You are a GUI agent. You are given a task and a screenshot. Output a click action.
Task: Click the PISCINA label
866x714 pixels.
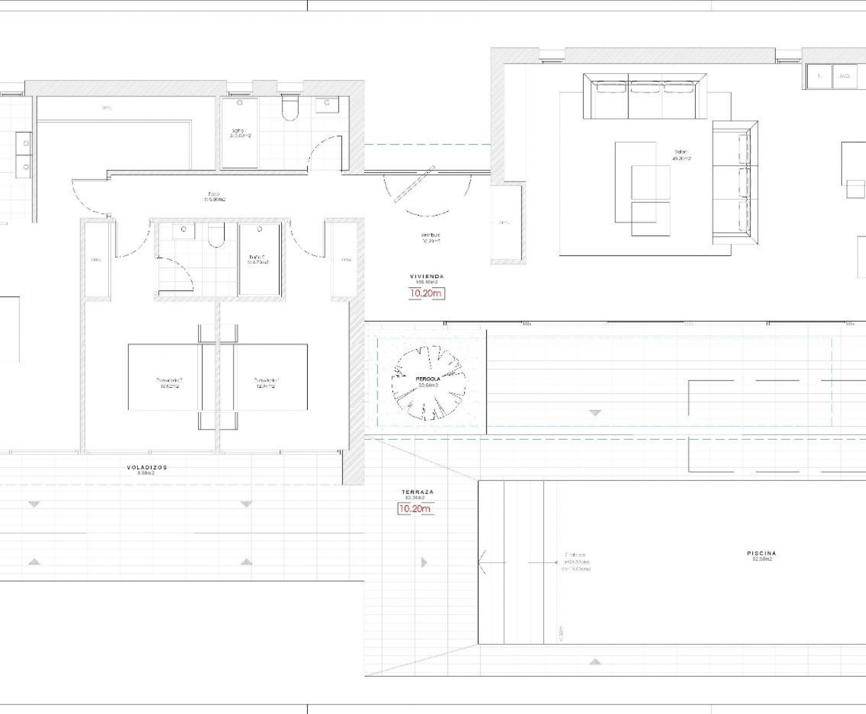(761, 554)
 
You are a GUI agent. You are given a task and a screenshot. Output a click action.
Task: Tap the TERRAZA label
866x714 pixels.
(418, 492)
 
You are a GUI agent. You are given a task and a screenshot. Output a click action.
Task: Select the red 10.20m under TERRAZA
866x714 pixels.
(415, 509)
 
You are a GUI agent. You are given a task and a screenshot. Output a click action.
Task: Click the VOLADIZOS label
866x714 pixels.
(147, 467)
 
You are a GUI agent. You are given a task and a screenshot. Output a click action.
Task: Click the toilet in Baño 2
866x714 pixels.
(216, 235)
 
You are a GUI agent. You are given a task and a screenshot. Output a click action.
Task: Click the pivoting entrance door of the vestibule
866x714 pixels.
(414, 184)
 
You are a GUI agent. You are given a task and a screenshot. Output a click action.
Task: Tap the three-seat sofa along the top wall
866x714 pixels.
(644, 97)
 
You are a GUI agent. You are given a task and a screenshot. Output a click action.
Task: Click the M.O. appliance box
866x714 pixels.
(845, 76)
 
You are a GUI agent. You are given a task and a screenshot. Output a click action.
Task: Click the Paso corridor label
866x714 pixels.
(214, 196)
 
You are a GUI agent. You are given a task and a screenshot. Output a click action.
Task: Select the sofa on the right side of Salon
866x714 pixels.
(735, 182)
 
